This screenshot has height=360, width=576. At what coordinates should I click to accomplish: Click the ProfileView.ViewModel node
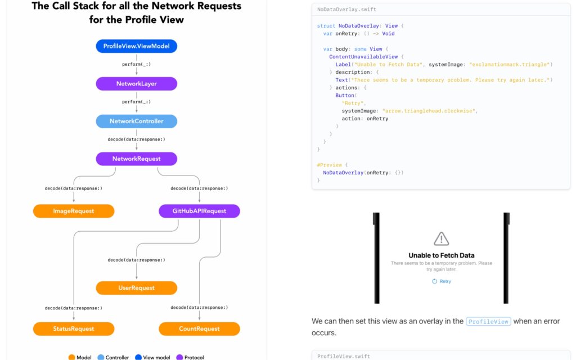click(136, 46)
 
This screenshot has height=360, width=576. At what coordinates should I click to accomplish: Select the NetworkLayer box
click(136, 83)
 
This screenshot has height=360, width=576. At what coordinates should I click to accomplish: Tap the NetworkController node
click(136, 121)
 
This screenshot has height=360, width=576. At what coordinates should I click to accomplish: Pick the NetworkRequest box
click(136, 159)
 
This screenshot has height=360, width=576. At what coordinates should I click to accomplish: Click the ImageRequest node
click(74, 211)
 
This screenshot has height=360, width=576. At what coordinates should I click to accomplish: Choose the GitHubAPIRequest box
click(199, 211)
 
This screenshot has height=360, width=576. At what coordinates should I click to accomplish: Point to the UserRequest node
click(136, 287)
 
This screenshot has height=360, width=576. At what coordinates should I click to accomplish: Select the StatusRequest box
click(74, 328)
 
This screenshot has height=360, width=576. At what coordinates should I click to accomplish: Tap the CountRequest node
click(199, 328)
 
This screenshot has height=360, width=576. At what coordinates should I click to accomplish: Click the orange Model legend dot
click(71, 357)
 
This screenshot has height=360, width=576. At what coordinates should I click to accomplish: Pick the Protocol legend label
click(194, 357)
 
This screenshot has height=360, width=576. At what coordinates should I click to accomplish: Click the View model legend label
click(156, 357)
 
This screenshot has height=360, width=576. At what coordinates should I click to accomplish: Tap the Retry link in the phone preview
click(442, 281)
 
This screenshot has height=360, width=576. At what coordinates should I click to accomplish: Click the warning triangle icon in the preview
click(441, 238)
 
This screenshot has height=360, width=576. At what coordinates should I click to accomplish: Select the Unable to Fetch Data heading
click(441, 255)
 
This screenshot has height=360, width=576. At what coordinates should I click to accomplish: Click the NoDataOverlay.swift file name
click(346, 10)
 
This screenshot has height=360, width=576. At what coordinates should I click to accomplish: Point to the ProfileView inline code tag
click(488, 321)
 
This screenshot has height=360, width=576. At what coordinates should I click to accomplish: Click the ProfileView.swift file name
click(344, 356)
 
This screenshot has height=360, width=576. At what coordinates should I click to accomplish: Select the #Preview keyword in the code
click(329, 165)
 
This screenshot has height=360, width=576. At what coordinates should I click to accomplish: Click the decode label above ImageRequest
click(74, 188)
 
